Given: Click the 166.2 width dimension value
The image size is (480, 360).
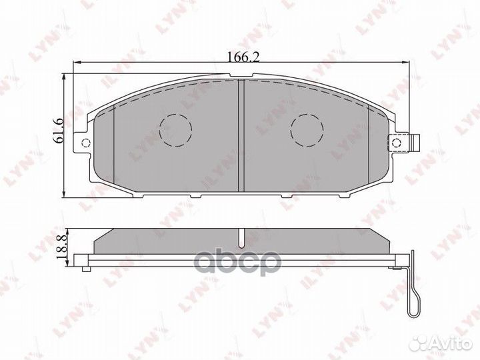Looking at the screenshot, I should coord(239,57).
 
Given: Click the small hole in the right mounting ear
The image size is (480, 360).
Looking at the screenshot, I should coord(397,142).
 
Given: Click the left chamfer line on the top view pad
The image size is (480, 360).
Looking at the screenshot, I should coord(115,143).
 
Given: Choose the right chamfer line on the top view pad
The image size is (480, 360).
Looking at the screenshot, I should coord(369,143).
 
